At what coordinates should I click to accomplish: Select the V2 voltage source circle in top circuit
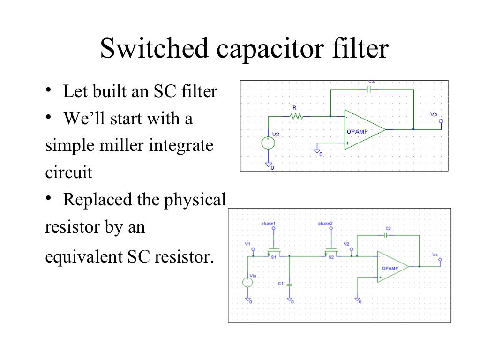click(x=268, y=143)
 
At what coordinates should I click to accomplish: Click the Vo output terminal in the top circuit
click(x=440, y=121)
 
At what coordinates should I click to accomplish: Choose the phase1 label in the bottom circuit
click(x=268, y=224)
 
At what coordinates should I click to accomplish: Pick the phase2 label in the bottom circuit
click(x=325, y=224)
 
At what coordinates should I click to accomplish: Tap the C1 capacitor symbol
click(x=290, y=284)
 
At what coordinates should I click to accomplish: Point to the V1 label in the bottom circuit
click(x=248, y=244)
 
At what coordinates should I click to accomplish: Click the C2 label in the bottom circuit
click(x=388, y=228)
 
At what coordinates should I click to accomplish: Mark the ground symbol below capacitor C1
click(x=290, y=300)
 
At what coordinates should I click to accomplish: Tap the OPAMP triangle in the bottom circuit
click(x=391, y=267)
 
